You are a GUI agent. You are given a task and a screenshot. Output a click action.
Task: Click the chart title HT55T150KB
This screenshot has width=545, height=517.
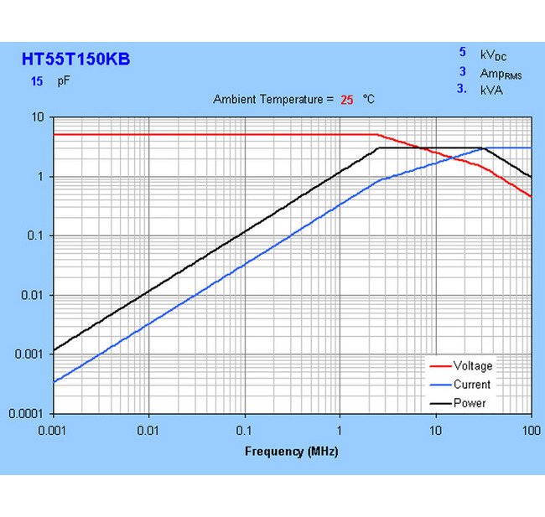point(75,59)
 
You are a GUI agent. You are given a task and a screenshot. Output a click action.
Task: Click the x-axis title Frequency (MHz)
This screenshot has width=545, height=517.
point(291,452)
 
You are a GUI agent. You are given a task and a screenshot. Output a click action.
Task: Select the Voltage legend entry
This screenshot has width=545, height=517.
point(473,366)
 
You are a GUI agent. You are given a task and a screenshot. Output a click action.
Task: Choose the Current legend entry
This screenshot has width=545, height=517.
point(472,385)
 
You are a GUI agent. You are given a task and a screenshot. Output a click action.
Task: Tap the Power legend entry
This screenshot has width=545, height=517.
point(470,403)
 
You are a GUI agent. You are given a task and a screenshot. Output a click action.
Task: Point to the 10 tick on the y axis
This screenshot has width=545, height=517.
point(37,117)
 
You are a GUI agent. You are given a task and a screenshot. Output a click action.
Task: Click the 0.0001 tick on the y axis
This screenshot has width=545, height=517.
point(29,414)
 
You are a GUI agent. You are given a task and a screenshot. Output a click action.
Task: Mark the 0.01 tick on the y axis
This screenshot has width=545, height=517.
point(34,295)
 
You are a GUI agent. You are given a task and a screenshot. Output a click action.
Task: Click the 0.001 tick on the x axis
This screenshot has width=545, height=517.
point(53,430)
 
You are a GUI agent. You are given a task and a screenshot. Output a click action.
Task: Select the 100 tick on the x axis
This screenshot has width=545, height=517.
point(530,430)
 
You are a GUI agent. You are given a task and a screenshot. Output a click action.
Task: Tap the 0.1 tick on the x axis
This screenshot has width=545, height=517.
point(244,430)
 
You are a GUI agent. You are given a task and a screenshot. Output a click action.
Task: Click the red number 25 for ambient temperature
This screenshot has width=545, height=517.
point(347,100)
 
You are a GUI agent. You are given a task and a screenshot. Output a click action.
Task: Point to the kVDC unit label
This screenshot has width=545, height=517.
point(493,55)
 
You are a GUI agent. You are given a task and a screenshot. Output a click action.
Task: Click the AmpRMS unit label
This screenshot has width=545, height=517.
point(501,74)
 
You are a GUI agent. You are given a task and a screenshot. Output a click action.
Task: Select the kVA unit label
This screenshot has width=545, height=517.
point(491,90)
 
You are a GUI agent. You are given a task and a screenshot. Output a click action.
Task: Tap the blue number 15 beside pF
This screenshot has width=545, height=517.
point(37,82)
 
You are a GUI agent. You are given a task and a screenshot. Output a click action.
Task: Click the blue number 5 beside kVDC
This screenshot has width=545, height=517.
point(462,52)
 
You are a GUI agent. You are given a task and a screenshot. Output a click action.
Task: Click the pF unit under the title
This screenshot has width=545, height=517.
point(64,82)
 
